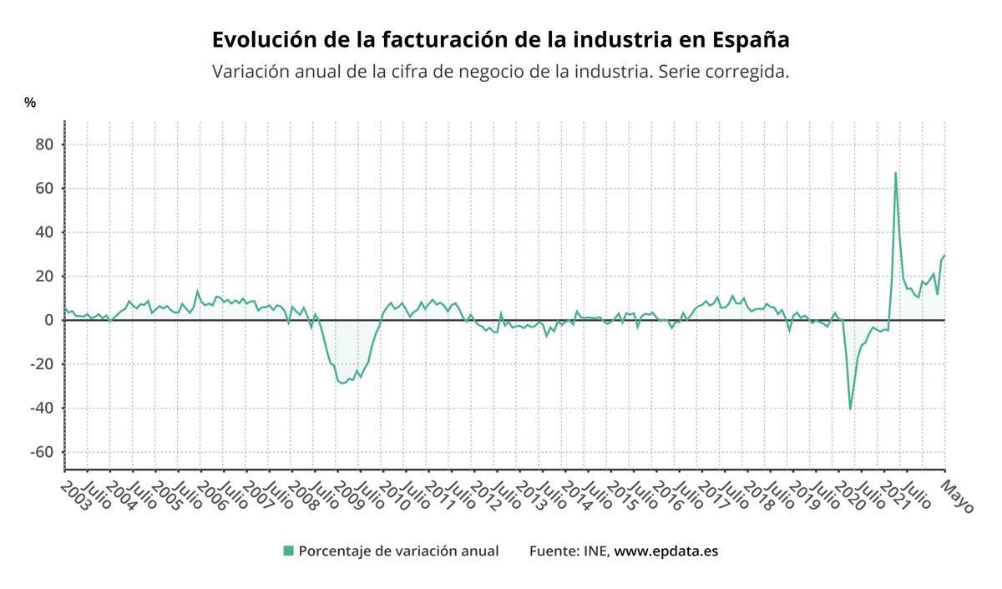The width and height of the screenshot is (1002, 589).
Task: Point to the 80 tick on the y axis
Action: point(43,145)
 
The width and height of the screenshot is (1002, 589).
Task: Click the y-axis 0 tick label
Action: point(48,320)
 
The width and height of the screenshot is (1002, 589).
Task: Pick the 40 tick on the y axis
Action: point(43,232)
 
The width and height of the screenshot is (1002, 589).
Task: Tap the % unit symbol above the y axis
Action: point(30,103)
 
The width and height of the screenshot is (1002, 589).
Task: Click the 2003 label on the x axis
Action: point(78,494)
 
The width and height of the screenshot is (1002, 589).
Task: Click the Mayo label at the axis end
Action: point(958,495)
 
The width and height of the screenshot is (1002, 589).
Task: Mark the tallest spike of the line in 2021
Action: point(895,173)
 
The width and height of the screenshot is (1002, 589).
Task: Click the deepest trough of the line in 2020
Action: point(850,409)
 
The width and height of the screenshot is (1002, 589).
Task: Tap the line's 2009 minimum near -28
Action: point(342,383)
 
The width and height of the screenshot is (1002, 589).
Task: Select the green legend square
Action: point(289,551)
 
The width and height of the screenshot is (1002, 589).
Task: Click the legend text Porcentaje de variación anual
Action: point(398,551)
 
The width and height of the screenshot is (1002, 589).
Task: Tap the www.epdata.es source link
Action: point(666,551)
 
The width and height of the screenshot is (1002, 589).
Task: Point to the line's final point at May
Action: point(944,256)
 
